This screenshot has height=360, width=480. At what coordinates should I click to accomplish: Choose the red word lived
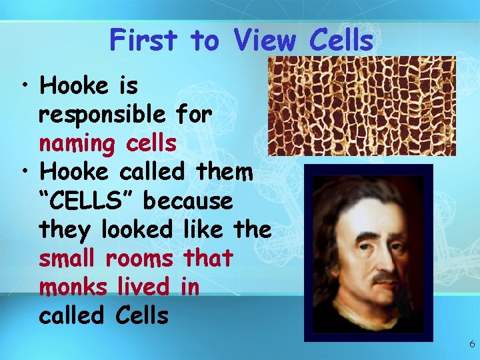tap(142, 287)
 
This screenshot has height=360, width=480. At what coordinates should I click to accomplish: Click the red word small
tap(69, 258)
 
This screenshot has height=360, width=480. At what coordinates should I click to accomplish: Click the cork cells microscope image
tap(361, 105)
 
